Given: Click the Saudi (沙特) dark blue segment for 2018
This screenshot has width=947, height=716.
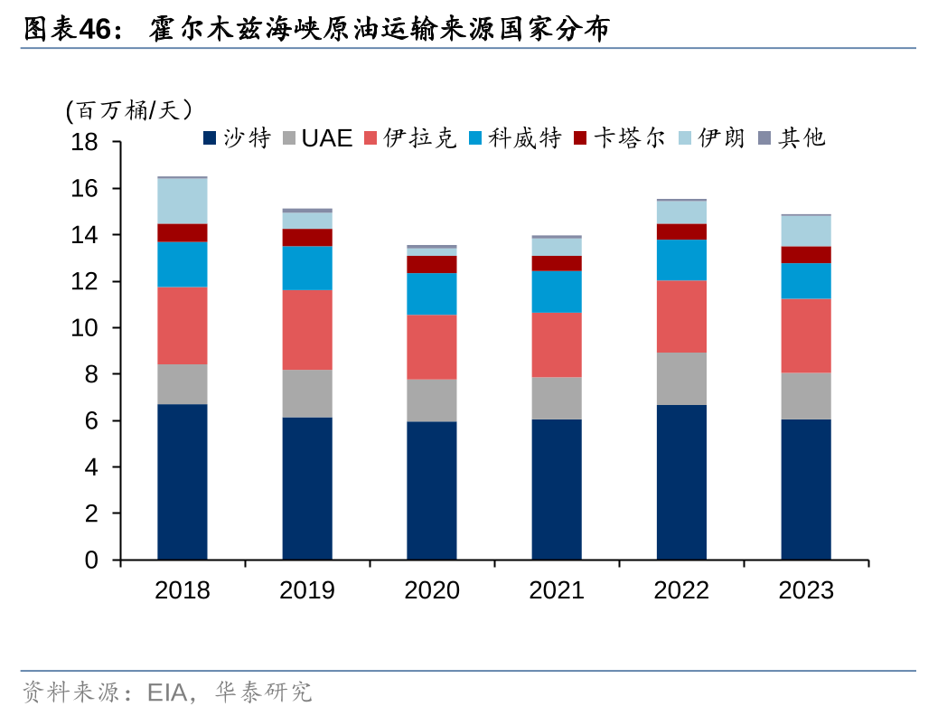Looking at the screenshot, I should [x=183, y=481].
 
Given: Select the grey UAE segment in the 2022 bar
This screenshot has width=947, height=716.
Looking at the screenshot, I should [x=681, y=378].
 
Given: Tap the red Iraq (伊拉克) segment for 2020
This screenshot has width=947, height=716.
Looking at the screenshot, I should [x=432, y=346].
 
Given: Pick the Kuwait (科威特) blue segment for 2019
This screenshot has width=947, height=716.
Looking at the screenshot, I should [x=307, y=268].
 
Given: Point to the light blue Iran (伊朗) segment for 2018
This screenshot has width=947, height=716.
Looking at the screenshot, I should [x=183, y=201].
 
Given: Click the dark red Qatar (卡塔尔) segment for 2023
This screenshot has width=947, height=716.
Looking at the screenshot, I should [x=806, y=254].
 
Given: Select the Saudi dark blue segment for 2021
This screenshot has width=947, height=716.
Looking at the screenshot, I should [x=557, y=488].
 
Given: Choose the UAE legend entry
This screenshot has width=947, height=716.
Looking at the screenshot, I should [x=316, y=138].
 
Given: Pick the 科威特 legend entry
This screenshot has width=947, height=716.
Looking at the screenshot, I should [x=515, y=138].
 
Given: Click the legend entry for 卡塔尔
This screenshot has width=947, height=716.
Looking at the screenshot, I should [x=619, y=138].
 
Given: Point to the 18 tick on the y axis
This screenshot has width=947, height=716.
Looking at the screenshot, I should [x=85, y=142].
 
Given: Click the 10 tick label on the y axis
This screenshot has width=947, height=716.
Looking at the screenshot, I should [x=85, y=328].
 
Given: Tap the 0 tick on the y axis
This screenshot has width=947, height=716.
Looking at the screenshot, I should [x=91, y=561].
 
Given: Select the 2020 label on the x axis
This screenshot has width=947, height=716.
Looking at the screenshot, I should [x=432, y=590].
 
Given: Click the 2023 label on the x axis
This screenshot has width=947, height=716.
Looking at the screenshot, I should [x=806, y=590].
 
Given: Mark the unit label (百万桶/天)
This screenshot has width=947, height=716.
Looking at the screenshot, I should [x=129, y=110].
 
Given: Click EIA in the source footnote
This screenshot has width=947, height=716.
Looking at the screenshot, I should [x=166, y=693].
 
